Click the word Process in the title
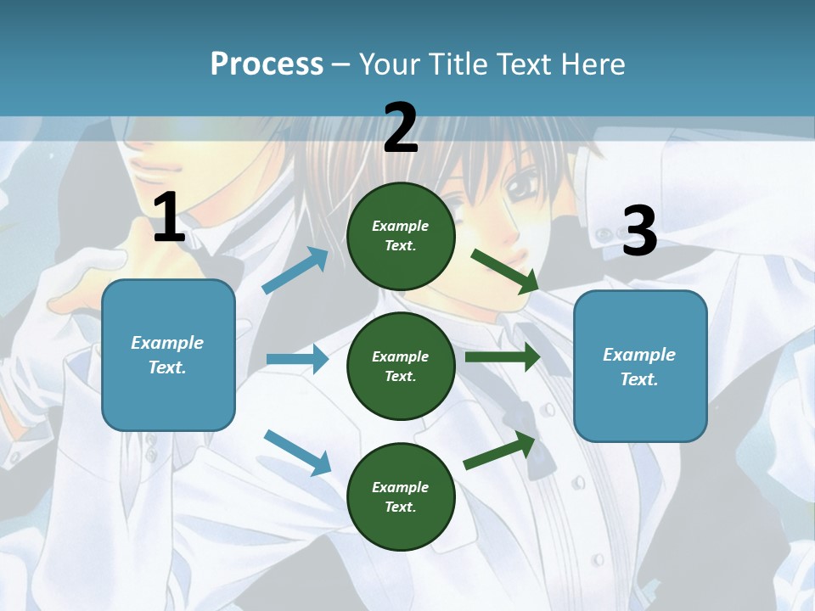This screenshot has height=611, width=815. (x=267, y=64)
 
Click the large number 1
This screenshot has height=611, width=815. (x=169, y=218)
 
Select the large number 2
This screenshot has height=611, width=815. (x=401, y=128)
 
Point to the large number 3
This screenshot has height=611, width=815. (x=639, y=232)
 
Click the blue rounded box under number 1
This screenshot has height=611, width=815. (x=168, y=355)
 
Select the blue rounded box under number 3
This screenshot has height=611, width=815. (x=640, y=367)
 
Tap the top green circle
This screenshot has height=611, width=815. (x=401, y=236)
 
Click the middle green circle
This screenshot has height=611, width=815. (x=401, y=367)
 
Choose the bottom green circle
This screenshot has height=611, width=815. (x=401, y=497)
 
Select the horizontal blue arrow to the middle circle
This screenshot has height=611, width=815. (x=297, y=359)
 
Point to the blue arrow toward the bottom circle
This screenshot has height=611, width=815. (x=297, y=452)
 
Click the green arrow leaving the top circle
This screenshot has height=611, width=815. (x=504, y=271)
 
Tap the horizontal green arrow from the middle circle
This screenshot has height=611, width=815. (x=503, y=356)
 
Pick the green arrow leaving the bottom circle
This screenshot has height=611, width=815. (x=500, y=451)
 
